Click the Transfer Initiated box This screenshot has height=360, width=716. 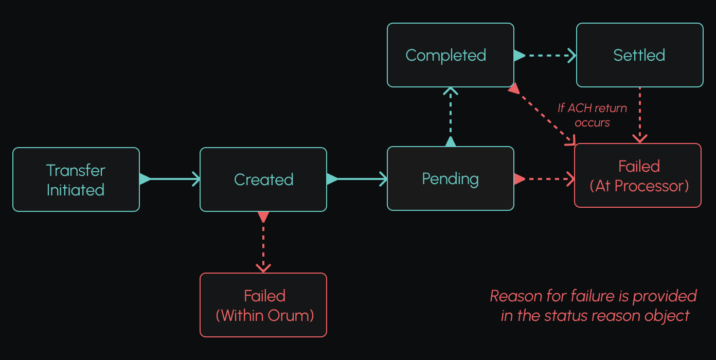(x=76, y=179)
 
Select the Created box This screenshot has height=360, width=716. (x=263, y=179)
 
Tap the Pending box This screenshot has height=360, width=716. (x=450, y=178)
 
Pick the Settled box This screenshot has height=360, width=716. (x=639, y=55)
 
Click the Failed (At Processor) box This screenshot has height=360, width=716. (x=638, y=175)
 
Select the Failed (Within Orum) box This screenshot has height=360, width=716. (x=263, y=305)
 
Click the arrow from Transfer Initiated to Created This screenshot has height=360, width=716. (x=170, y=179)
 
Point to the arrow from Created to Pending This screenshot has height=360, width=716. (x=357, y=179)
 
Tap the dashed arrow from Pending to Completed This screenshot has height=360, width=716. (x=451, y=117)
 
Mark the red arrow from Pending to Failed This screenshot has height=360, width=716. (x=544, y=179)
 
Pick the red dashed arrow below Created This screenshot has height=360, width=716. (x=263, y=242)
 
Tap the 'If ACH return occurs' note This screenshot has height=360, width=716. (x=593, y=115)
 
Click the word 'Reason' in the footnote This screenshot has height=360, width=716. (x=515, y=296)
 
